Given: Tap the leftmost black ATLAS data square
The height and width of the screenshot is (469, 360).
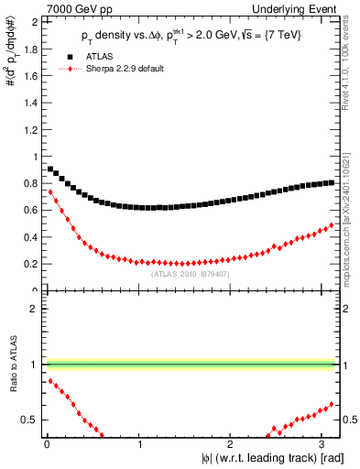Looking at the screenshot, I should (x=50, y=169).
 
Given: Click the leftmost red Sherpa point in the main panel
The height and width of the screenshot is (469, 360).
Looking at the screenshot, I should (x=50, y=191).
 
